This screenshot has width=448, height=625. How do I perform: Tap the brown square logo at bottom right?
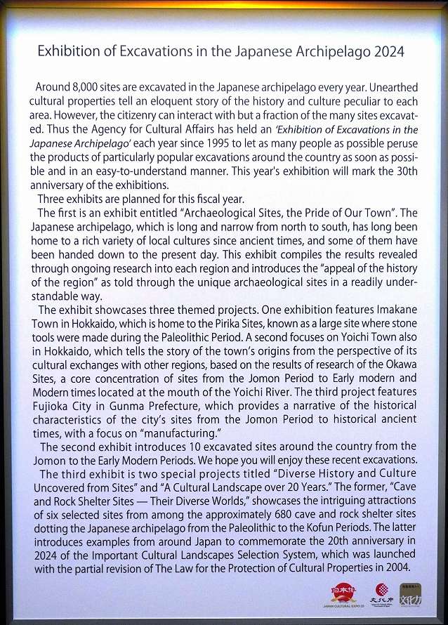pos(411,594)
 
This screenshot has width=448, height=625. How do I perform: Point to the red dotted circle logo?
pos(381,591)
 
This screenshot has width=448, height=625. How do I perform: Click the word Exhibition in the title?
pos(64,51)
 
